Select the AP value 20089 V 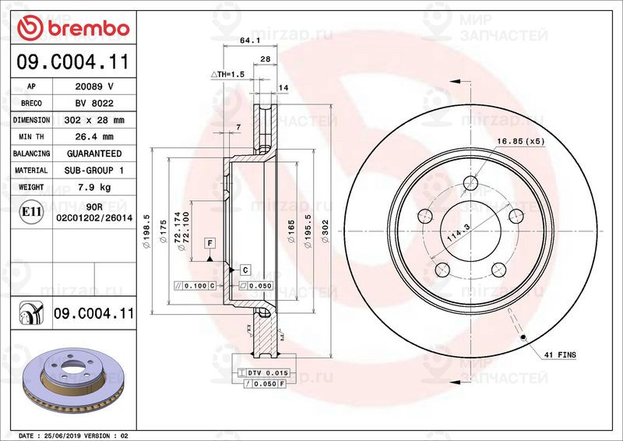[94, 86]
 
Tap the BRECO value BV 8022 [94, 104]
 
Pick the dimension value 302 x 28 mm [94, 121]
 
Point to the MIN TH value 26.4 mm [94, 137]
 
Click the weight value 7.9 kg [94, 187]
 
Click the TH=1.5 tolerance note [227, 73]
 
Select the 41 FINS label [561, 355]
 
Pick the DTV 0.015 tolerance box [266, 373]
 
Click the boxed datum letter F [209, 243]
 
